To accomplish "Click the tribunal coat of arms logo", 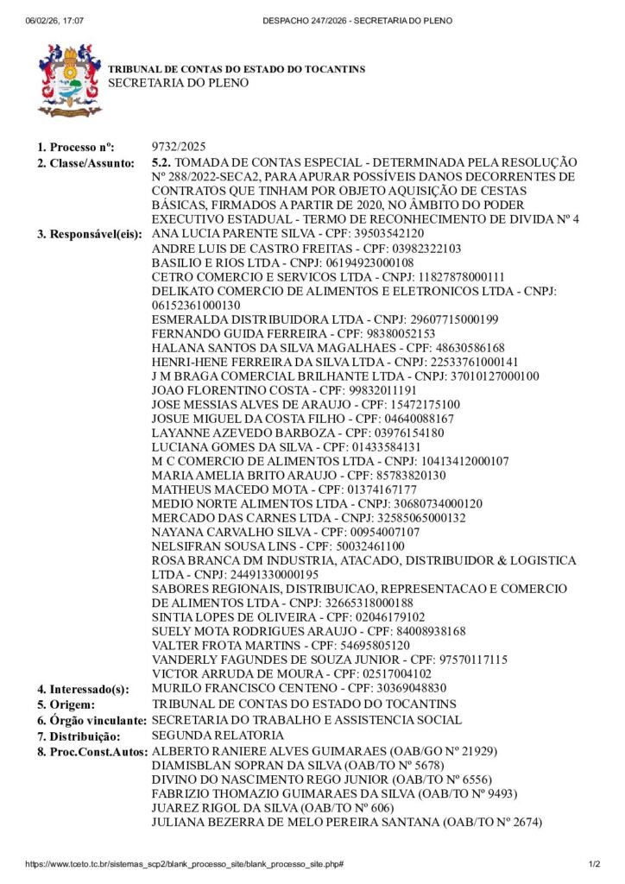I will (x=69, y=79).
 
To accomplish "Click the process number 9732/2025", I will (x=179, y=147).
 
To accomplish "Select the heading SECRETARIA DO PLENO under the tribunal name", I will (x=178, y=83).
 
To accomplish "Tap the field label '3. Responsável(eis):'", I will (x=91, y=234).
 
